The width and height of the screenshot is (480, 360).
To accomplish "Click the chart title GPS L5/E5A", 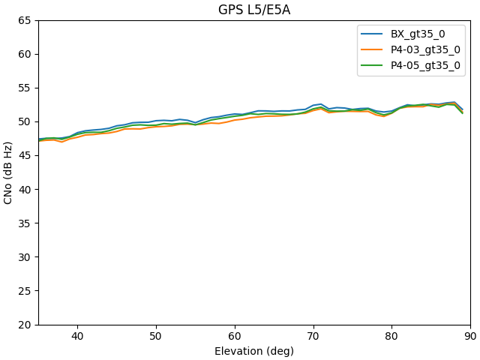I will click(254, 10).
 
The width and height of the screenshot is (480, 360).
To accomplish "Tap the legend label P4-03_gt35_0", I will click(425, 49).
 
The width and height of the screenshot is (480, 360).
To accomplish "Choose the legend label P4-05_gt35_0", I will click(425, 65).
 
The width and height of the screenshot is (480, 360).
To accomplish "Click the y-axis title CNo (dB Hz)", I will click(9, 172).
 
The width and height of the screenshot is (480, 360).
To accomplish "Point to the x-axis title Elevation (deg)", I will click(254, 351).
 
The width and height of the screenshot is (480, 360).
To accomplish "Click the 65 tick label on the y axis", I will click(25, 20).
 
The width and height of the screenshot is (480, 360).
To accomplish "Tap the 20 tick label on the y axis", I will click(25, 325).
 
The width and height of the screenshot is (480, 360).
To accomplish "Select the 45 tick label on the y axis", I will click(25, 156).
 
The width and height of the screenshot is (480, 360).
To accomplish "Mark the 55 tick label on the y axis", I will click(25, 88).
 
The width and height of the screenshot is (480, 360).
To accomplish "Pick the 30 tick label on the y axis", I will click(25, 257).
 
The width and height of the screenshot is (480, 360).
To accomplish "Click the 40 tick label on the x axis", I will click(77, 337).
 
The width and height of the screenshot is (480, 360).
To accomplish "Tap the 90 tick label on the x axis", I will click(470, 337).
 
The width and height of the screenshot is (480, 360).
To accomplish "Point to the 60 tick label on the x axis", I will click(235, 337).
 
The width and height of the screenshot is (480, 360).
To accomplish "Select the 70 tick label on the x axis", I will click(313, 337).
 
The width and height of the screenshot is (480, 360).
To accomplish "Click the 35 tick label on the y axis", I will click(25, 223).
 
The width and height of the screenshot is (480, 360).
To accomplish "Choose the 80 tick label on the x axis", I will click(391, 337).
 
